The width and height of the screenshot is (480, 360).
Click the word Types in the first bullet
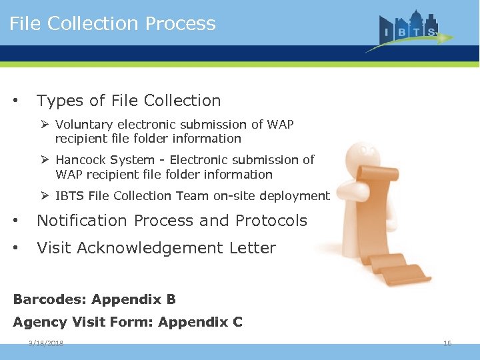pyautogui.click(x=60, y=101)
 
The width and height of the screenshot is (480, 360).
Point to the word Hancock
pyautogui.click(x=81, y=160)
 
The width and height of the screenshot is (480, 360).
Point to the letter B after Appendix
pyautogui.click(x=171, y=299)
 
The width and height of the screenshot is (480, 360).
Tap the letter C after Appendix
pyautogui.click(x=237, y=323)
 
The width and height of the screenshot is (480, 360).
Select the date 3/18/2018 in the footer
pyautogui.click(x=46, y=343)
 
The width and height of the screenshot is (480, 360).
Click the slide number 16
pyautogui.click(x=447, y=343)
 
